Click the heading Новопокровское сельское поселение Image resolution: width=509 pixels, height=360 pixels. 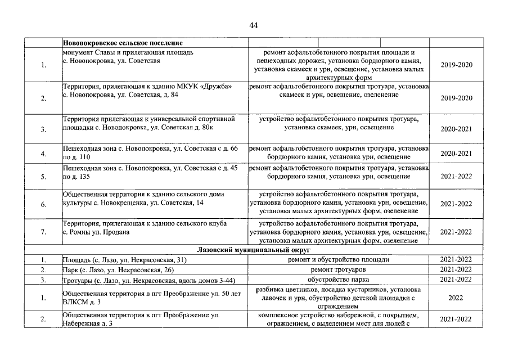[x=123, y=43]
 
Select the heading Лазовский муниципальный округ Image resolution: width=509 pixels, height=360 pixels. [x=254, y=249]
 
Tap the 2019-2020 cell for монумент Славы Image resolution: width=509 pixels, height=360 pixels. [x=457, y=65]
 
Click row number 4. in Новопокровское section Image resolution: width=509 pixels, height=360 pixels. [x=43, y=154]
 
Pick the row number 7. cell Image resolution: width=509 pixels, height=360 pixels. [x=43, y=232]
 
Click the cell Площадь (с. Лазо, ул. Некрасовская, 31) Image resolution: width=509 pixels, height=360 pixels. [x=124, y=259]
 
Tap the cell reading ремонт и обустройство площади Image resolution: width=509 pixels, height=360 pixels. [x=339, y=259]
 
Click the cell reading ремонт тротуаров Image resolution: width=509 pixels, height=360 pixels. [x=339, y=269]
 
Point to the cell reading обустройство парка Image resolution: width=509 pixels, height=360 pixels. [x=339, y=280]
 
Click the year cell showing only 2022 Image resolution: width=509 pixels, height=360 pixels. [x=456, y=298]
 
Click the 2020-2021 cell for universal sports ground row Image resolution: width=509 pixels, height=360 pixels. [x=457, y=129]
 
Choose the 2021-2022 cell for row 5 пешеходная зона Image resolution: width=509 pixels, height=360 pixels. [x=457, y=177]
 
